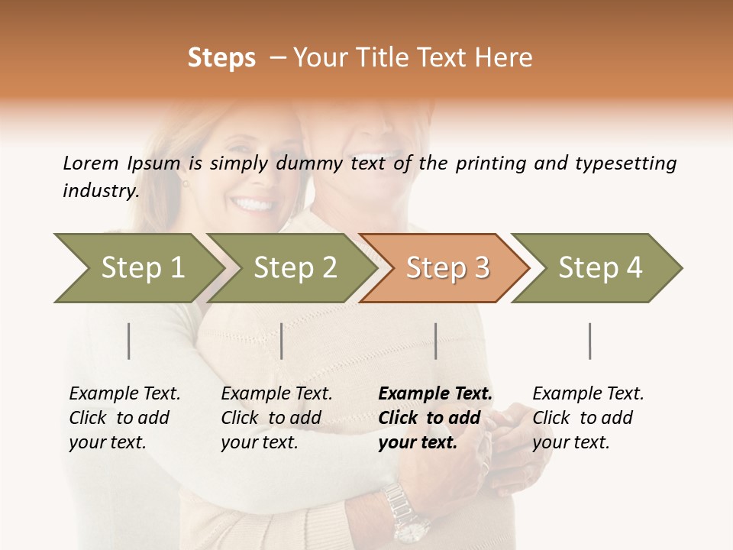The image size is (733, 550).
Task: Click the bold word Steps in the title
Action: point(221,58)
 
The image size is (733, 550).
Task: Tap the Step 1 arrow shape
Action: point(142,267)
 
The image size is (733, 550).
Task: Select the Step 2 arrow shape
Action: point(295,267)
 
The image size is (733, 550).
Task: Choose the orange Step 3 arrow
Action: point(447,267)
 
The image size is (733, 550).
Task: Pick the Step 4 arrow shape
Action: point(600,267)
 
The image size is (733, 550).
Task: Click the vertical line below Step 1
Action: point(129,341)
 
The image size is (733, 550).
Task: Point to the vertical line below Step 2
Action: point(282,341)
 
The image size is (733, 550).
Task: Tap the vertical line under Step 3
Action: point(435,341)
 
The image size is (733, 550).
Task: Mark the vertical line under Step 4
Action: point(589,341)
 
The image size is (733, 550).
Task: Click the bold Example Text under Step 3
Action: point(435,394)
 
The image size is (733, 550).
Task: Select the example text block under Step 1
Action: point(124,418)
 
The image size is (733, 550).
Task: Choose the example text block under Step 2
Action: point(276,418)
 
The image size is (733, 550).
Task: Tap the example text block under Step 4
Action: point(588,418)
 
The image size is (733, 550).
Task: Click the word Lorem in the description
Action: point(90,163)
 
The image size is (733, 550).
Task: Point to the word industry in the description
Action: point(101,190)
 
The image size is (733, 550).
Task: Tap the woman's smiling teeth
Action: point(254,205)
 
